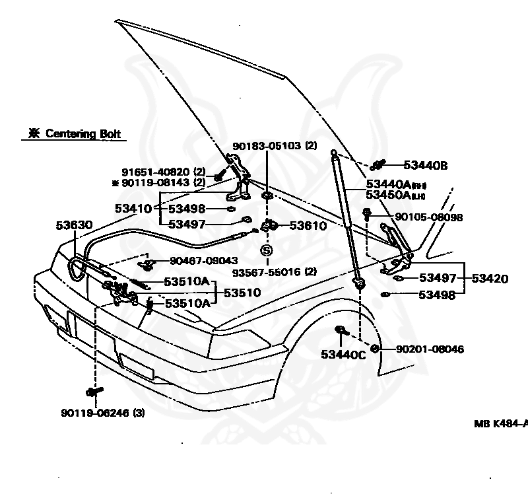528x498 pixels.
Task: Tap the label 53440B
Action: (425, 165)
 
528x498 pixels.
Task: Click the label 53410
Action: (134, 208)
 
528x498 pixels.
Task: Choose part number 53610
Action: (307, 226)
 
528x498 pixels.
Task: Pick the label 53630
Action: (73, 225)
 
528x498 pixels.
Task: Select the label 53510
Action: (242, 292)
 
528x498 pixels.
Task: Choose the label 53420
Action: (490, 279)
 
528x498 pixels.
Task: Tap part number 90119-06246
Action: (102, 413)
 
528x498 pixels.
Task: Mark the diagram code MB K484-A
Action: (500, 423)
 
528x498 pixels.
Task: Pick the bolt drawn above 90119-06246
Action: (94, 392)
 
